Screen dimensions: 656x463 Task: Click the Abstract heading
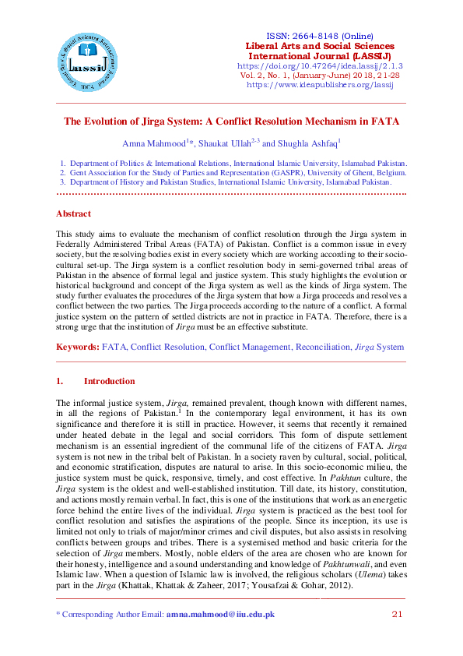pyautogui.click(x=73, y=213)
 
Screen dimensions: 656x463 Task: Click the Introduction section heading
pyautogui.click(x=109, y=382)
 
